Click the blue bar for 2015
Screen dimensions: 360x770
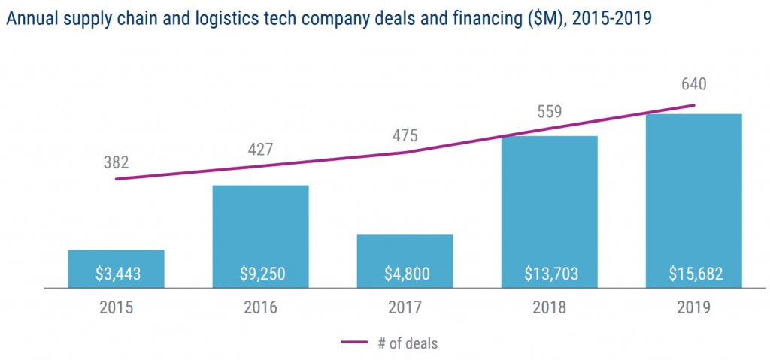116,260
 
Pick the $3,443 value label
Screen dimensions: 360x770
116,274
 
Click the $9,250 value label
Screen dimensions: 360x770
260,274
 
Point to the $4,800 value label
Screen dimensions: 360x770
405,274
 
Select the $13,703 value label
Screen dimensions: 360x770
549,274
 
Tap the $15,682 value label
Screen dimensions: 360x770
693,274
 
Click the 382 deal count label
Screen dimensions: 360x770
116,162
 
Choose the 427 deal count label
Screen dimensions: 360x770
260,148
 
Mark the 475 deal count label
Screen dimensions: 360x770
405,136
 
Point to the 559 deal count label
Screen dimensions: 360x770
549,112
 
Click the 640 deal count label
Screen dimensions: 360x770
693,84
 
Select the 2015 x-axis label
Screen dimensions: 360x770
116,307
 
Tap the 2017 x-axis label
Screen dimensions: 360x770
405,307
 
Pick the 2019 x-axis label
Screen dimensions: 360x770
693,307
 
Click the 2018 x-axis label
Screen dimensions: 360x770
549,307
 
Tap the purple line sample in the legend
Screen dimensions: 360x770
359,343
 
